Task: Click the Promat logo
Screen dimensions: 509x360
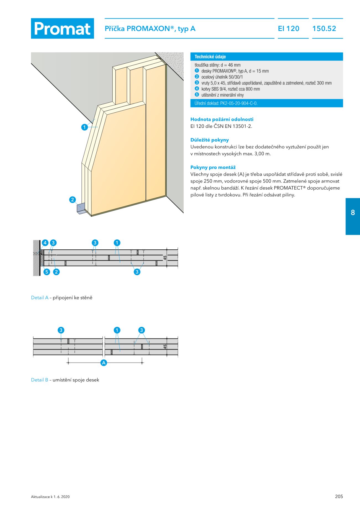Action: tap(62, 29)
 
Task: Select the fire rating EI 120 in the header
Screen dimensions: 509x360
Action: tap(289, 29)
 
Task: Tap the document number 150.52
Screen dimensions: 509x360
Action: tap(324, 29)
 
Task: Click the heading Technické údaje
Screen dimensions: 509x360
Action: tap(210, 57)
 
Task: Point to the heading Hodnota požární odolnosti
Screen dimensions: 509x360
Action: tap(222, 119)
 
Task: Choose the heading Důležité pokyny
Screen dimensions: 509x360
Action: tap(210, 140)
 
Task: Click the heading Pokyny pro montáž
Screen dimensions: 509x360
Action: tap(213, 167)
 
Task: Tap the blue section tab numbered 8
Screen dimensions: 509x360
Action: tap(353, 213)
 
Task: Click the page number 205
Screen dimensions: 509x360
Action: tap(339, 496)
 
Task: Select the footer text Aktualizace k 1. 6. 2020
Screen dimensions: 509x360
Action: tap(50, 497)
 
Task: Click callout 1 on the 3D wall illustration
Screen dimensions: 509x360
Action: tap(84, 127)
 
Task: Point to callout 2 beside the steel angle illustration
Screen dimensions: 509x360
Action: tap(73, 200)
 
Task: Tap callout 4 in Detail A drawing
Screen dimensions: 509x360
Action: tap(45, 243)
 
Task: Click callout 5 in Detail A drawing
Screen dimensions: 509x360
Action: tap(47, 272)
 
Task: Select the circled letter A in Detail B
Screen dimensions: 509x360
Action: tap(104, 363)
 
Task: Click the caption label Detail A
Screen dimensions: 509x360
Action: tap(40, 298)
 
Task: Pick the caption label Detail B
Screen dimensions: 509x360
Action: tap(40, 380)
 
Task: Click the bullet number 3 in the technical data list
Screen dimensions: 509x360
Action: tap(197, 83)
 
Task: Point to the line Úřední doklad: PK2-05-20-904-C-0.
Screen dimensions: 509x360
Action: tap(226, 103)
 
